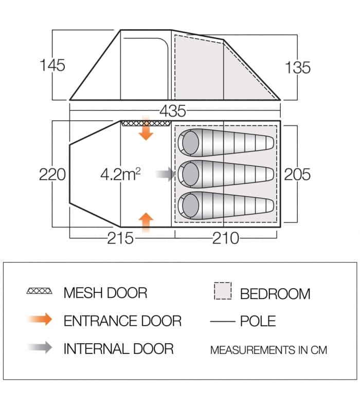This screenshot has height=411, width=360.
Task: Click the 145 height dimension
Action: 52,65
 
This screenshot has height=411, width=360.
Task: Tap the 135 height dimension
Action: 298,67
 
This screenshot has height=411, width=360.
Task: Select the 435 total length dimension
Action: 173,111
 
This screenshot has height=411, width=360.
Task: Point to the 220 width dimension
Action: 52,174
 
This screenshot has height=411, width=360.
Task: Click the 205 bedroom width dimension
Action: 297,174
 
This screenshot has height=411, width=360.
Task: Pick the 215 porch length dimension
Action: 120,238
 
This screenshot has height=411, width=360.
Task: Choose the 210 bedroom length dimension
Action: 226,238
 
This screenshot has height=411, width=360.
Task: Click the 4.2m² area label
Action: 120,174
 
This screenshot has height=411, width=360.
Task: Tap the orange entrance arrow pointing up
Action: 146,223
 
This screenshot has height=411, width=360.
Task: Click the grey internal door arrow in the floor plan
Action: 166,174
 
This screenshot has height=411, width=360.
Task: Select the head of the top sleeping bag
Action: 190,143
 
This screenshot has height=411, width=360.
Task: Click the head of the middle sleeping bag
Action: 190,174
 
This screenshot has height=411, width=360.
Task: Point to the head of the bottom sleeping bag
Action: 190,206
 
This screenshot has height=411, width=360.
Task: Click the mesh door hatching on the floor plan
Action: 146,123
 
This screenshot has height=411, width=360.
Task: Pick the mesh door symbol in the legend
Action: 40,291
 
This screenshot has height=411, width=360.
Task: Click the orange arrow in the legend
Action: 40,319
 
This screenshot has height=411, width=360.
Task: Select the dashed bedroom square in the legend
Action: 223,291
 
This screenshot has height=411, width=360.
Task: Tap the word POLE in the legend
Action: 258,321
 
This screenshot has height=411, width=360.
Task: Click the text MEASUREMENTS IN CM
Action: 268,350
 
